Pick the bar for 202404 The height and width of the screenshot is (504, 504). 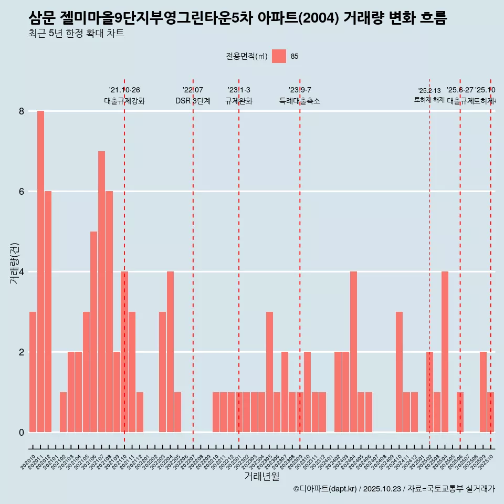coord(353,352)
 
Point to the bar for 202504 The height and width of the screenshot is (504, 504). coord(445,352)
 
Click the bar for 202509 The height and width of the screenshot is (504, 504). coord(483,392)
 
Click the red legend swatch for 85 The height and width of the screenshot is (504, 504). coord(279,56)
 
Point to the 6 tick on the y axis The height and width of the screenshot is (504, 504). coord(22,192)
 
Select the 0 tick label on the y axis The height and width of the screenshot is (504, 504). coord(22,432)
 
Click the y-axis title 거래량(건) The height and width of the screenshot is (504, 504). coord(15,262)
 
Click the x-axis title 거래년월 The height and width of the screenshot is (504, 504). coord(261,476)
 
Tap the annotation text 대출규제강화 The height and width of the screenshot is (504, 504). coord(124,101)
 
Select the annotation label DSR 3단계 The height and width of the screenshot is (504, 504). coord(193,101)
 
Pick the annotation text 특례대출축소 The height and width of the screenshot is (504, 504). coord(300,101)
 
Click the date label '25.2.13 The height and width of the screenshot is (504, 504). coord(429,91)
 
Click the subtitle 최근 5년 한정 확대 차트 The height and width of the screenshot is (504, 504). coord(76,34)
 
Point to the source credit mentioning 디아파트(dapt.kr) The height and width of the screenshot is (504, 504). coord(394,489)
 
